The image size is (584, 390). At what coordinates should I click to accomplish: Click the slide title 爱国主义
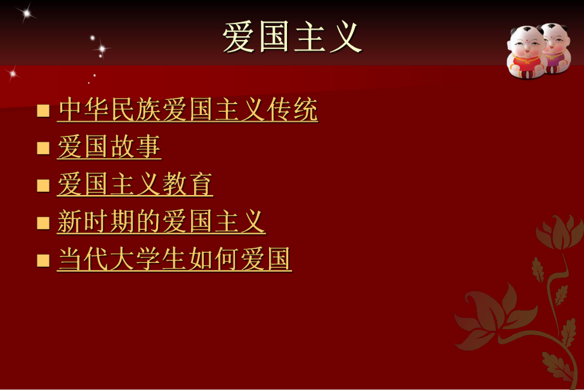point(292,37)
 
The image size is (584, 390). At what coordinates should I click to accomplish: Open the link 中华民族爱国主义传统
point(187,111)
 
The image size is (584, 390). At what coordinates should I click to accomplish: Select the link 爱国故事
point(109,147)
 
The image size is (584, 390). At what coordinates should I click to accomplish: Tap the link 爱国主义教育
point(135,185)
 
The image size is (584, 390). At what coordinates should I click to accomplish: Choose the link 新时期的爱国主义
point(161,222)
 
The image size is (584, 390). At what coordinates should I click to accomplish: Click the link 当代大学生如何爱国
point(175,259)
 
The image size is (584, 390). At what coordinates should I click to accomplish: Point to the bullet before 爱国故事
point(43,148)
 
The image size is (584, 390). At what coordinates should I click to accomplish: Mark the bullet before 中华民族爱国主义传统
point(43,111)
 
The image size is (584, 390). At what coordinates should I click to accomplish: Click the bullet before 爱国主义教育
point(43,185)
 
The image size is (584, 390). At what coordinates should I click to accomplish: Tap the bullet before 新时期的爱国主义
point(43,223)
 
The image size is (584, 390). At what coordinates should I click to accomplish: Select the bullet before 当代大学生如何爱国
point(43,260)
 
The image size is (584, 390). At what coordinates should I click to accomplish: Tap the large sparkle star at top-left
point(25,13)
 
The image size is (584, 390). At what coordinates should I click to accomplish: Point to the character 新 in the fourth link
point(70,222)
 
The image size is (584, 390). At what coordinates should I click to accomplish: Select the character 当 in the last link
point(70,259)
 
